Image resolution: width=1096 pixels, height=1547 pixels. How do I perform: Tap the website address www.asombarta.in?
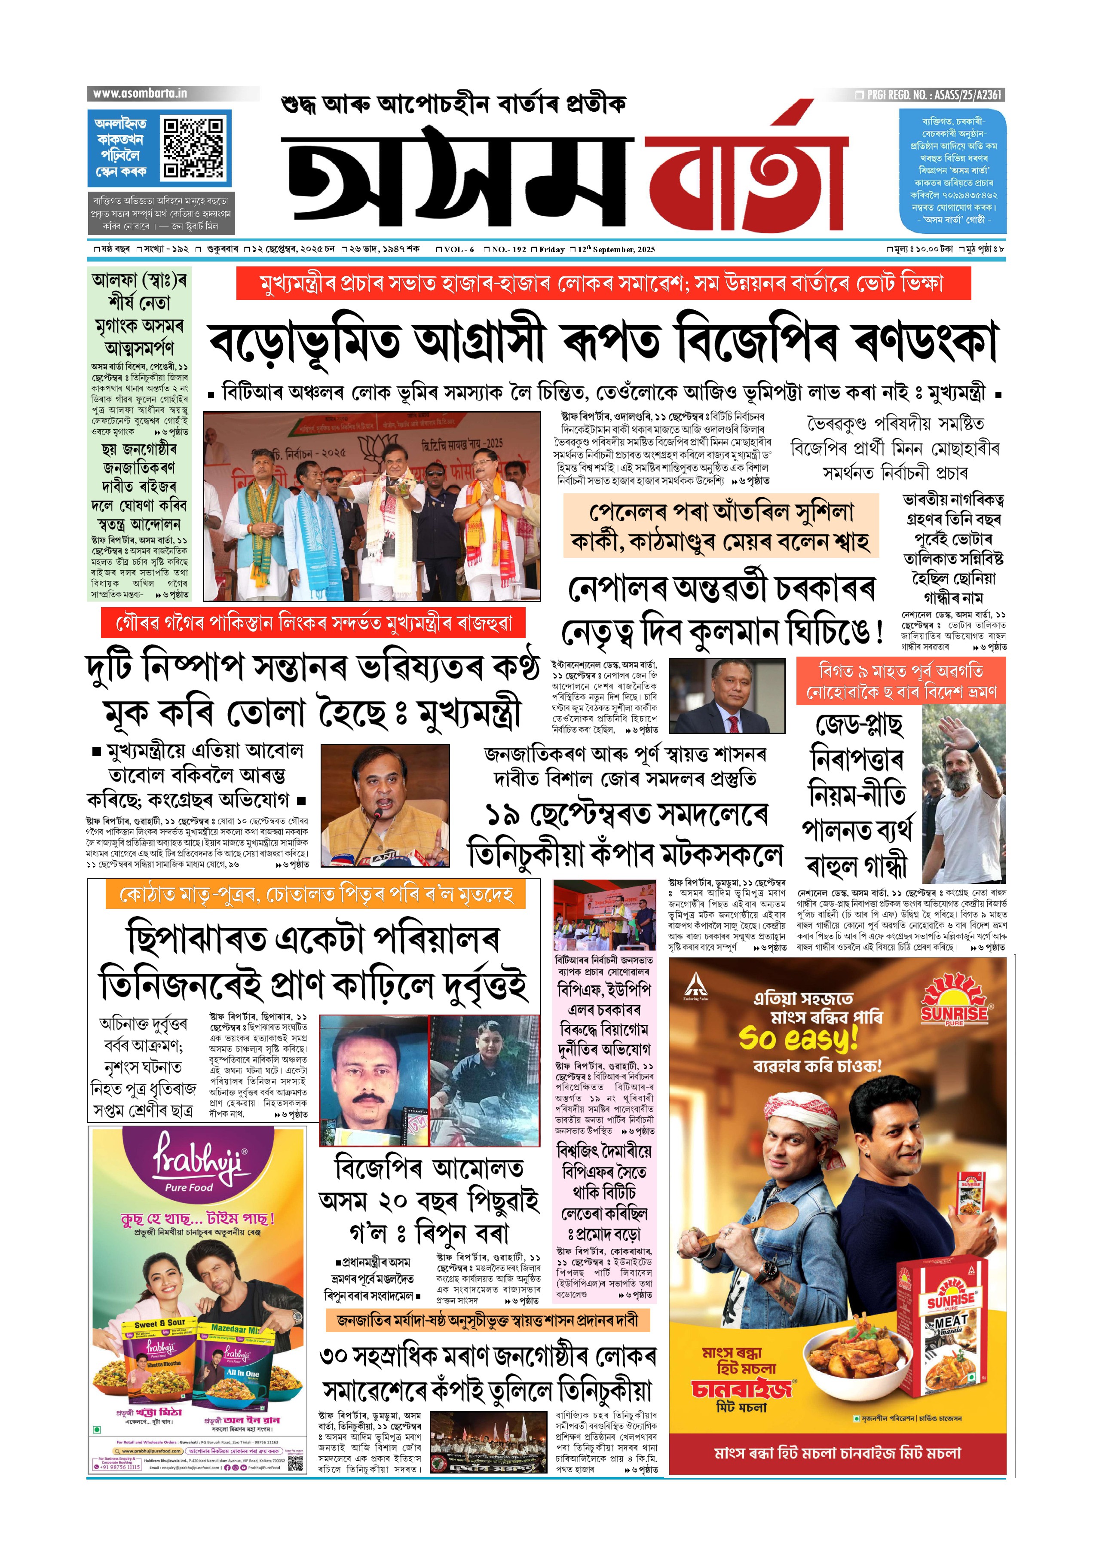[x=140, y=94]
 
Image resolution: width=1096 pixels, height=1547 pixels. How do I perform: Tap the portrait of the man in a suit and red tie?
[x=726, y=696]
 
